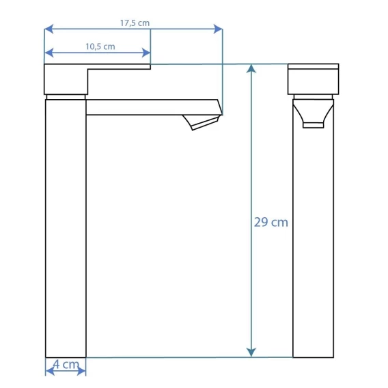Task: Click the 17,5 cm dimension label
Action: click(x=135, y=23)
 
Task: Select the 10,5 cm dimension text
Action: click(x=100, y=46)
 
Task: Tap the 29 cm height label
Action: click(x=271, y=222)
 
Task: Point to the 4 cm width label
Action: click(x=66, y=364)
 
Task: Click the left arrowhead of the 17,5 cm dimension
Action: click(x=48, y=29)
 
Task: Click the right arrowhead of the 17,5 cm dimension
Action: click(x=218, y=29)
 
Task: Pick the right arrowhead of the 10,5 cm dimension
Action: click(x=146, y=53)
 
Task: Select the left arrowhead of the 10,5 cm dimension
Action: click(x=48, y=53)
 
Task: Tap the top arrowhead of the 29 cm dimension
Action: click(x=251, y=68)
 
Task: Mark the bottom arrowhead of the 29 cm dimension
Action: click(x=251, y=352)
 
